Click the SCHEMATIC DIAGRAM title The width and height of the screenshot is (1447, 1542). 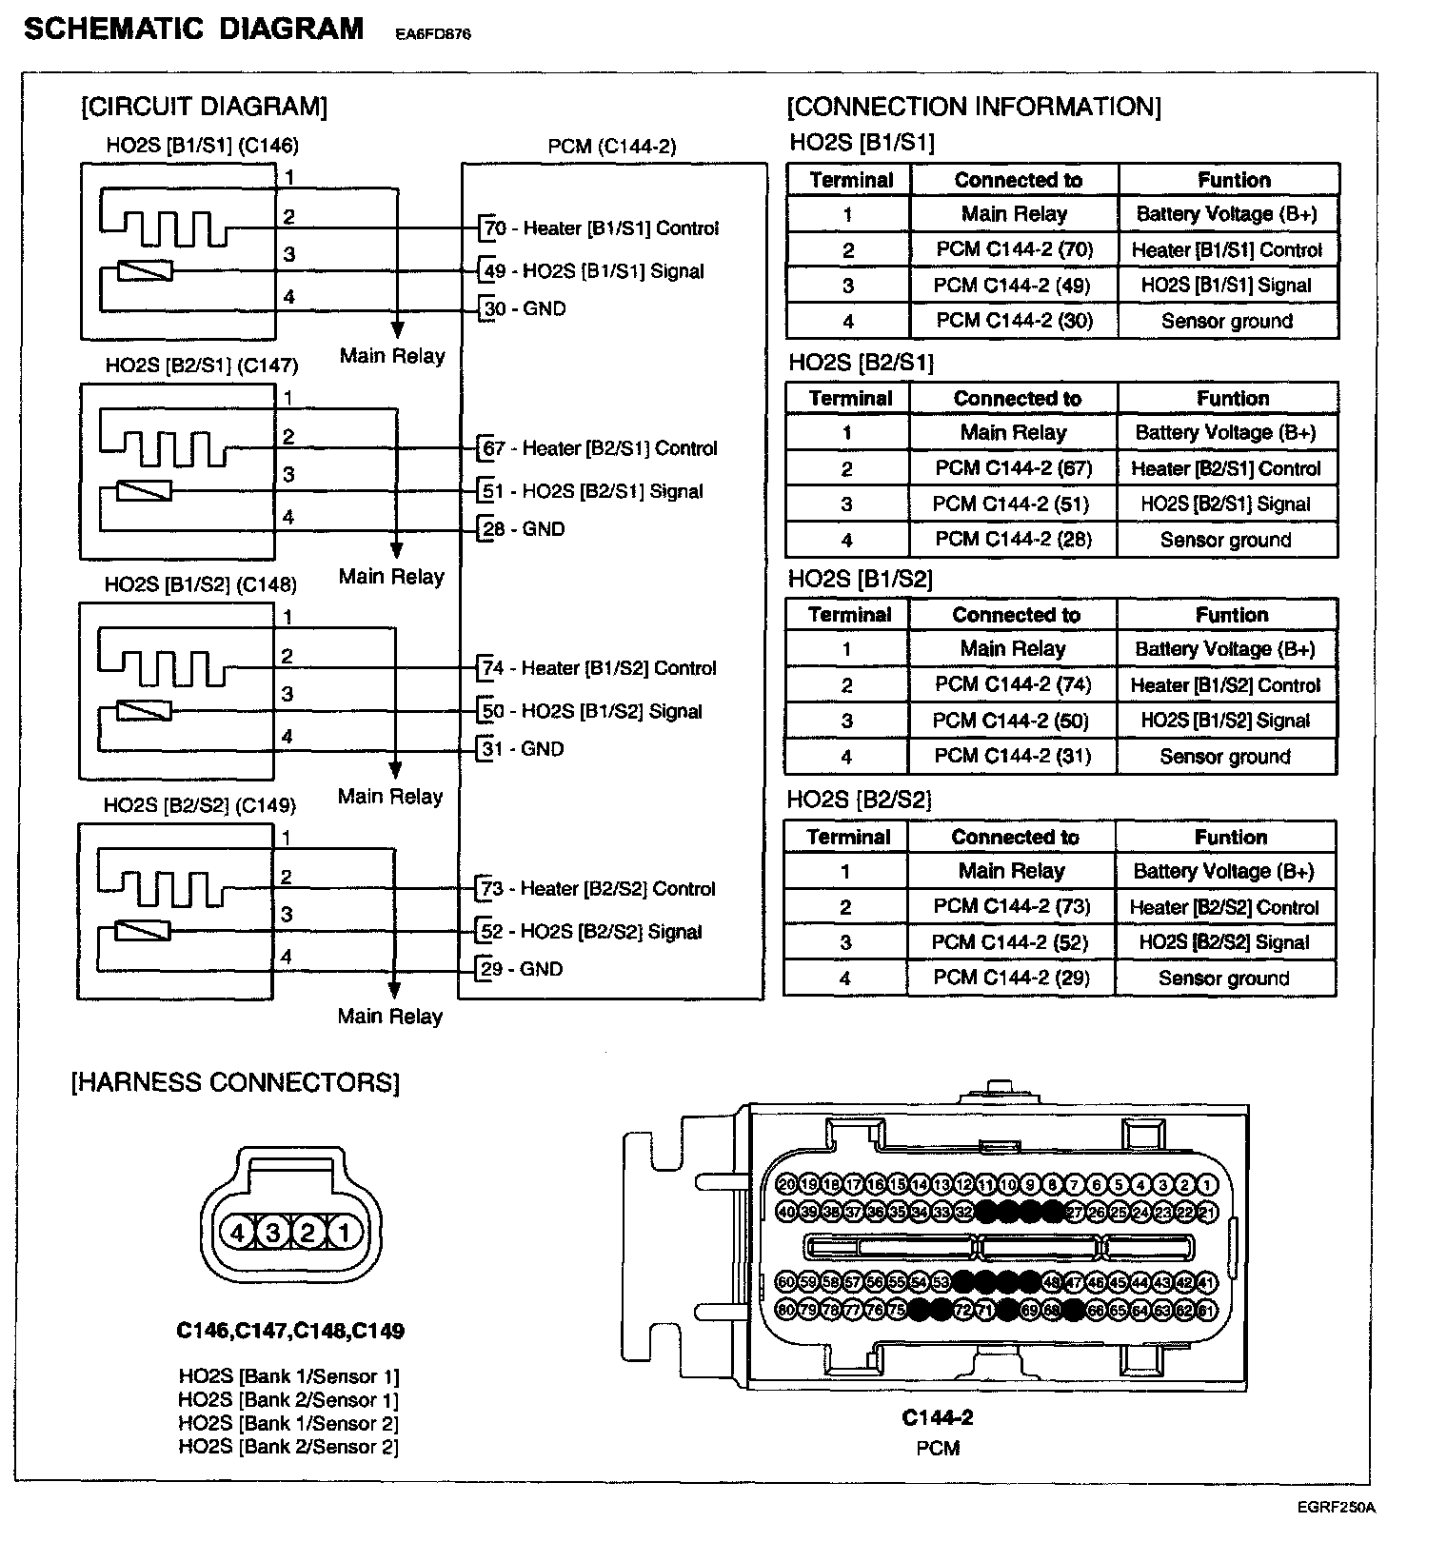click(193, 29)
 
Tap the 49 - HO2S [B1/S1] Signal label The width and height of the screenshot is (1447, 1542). click(594, 271)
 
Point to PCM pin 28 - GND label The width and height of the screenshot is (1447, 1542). click(525, 529)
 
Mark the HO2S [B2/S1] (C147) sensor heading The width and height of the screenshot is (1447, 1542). click(202, 366)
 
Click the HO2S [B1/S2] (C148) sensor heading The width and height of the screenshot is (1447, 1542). click(201, 584)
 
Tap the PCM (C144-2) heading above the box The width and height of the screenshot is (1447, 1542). click(612, 147)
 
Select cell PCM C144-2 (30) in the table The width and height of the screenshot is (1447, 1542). click(1014, 321)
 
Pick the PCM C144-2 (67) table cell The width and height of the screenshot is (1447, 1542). click(1013, 468)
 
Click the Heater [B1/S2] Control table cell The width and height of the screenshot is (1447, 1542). click(1225, 685)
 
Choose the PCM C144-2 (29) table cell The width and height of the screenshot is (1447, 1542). click(1011, 978)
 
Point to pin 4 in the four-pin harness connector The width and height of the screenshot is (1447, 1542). click(237, 1234)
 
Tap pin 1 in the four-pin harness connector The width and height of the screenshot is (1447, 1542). click(345, 1234)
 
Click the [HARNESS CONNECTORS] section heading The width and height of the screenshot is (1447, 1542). click(235, 1082)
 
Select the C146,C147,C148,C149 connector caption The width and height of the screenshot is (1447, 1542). click(290, 1331)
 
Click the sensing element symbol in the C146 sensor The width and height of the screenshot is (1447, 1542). click(145, 271)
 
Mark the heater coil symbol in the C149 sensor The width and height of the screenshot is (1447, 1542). click(162, 888)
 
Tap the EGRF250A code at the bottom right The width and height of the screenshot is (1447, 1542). click(1336, 1507)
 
